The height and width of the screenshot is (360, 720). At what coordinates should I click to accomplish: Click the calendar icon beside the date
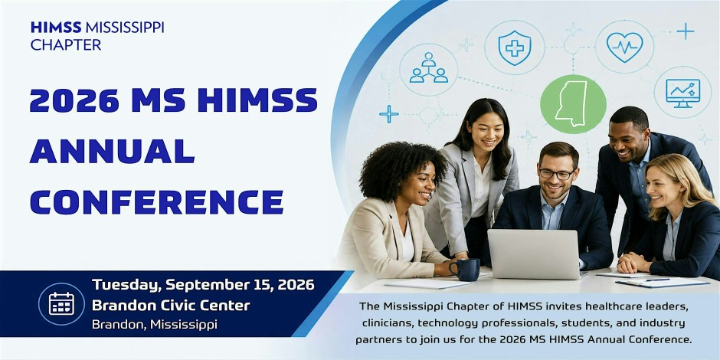pos(61,303)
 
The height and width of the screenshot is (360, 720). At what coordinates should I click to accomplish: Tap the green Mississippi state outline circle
pos(573,104)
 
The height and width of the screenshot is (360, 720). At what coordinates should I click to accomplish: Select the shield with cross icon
pos(515,47)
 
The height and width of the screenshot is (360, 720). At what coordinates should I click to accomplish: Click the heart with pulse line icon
pos(624,47)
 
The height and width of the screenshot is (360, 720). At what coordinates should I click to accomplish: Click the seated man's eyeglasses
pos(556,174)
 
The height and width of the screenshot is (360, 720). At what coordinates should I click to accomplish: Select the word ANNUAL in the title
pos(112,151)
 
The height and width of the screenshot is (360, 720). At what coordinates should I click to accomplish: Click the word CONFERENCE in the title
pos(156,201)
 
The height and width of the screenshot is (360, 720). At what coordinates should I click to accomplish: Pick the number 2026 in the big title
pos(74,100)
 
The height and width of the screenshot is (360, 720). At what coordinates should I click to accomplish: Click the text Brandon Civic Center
pos(171,305)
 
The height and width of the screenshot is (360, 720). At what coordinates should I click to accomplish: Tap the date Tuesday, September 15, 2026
pos(203,285)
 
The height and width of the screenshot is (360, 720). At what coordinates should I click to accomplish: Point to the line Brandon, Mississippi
pos(154,325)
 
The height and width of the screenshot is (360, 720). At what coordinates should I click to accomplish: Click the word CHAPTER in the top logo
pos(66,45)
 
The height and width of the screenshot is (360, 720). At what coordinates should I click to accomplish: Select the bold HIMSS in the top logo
pos(57,28)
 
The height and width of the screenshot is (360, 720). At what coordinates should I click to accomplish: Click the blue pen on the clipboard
pos(659,280)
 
